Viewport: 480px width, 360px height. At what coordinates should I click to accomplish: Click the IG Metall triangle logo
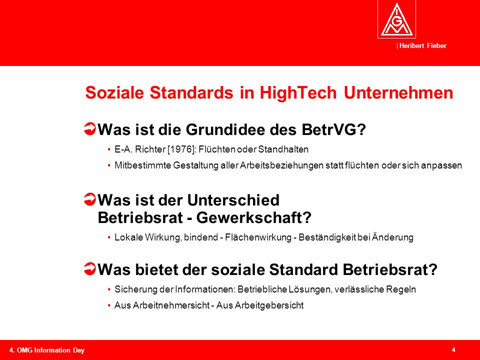point(396,19)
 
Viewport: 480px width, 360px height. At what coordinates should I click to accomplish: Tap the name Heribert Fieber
point(423,46)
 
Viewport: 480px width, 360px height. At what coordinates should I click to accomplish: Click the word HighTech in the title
point(298,92)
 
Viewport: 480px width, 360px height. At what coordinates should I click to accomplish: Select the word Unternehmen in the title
point(398,92)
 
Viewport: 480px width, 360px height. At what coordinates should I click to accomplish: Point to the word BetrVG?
point(333,129)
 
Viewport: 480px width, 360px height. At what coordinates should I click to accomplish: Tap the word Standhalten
point(283,149)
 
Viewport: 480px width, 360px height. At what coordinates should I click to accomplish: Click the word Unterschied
point(233,200)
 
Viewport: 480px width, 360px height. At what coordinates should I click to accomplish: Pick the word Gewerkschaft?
point(254,218)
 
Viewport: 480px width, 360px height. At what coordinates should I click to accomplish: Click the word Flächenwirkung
point(258,237)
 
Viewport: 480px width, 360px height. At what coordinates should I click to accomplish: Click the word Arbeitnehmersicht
point(171,305)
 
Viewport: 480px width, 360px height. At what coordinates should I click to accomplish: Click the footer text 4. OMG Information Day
point(47,350)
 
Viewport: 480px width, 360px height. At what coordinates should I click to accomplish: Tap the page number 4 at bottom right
point(453,350)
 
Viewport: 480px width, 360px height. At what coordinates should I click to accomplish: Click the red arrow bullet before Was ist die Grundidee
point(89,129)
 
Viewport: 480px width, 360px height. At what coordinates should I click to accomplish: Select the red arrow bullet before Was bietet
point(89,269)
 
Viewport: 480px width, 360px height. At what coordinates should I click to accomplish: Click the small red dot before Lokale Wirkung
point(109,237)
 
